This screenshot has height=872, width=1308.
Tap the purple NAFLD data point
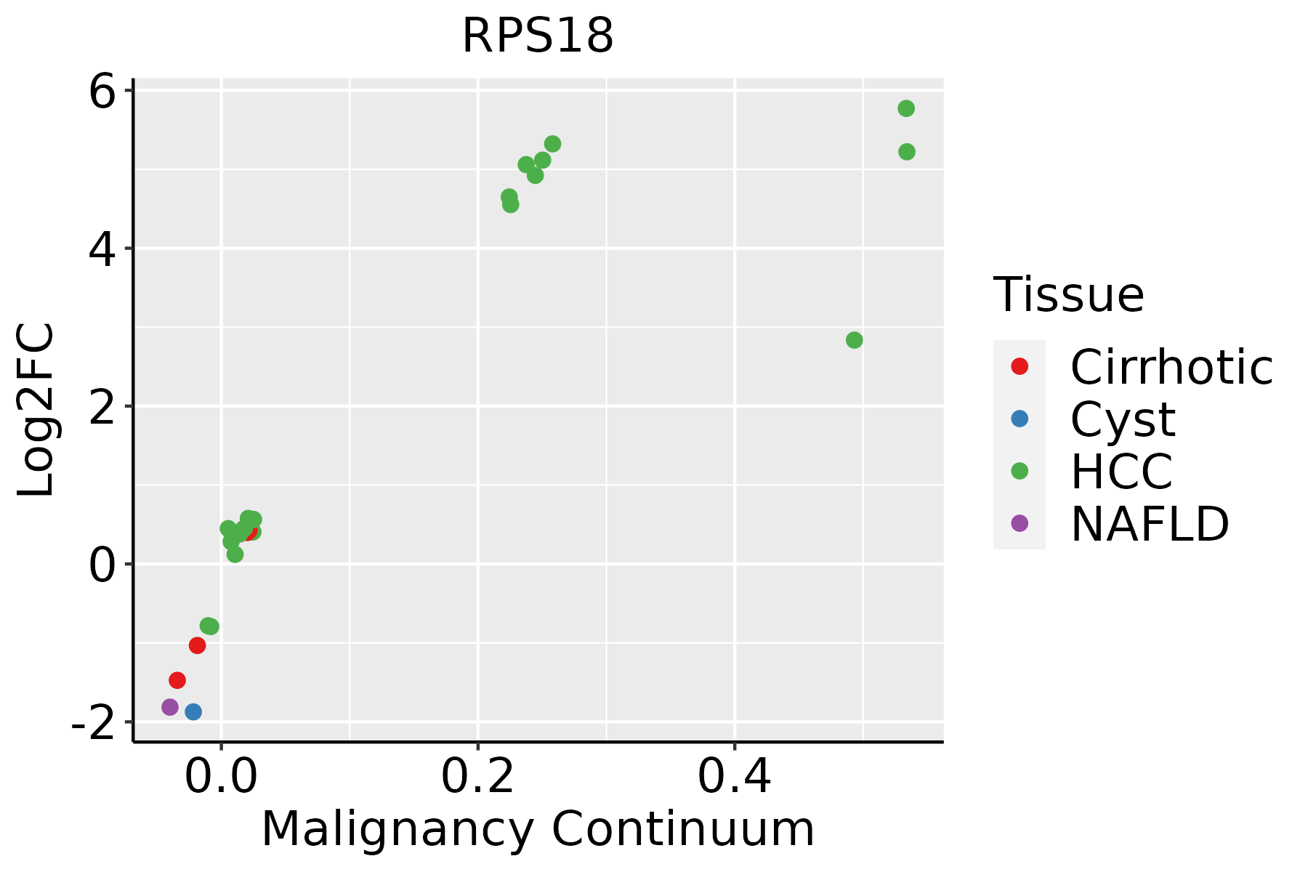pos(170,707)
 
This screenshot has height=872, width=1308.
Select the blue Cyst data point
pos(193,711)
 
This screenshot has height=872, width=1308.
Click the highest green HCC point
pos(906,108)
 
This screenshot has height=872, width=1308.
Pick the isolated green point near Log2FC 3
pos(855,340)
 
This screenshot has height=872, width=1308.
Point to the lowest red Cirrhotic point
pos(177,680)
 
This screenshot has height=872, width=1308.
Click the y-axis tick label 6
pos(102,92)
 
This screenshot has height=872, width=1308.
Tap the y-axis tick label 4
pos(102,249)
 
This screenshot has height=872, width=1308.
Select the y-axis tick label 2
pos(102,407)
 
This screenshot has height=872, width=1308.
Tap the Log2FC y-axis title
pos(36,411)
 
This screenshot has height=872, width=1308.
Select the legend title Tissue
pos(1068,295)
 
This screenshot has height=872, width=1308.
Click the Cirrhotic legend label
pos(1171,367)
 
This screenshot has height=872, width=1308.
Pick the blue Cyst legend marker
pos(1020,419)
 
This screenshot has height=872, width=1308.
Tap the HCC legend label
pos(1121,472)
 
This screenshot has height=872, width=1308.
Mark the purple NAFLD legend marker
pos(1020,523)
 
